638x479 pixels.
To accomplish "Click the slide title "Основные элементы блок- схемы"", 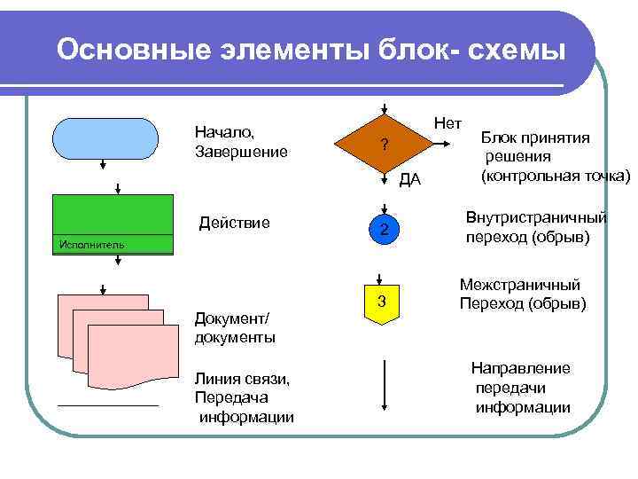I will (310, 51).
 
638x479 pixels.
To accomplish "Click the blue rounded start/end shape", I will (105, 137).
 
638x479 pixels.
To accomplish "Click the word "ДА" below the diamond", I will (410, 181).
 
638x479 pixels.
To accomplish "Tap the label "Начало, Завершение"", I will (240, 142).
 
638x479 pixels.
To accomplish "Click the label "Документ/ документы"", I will (234, 328).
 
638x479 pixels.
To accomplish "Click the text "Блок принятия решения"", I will (538, 146).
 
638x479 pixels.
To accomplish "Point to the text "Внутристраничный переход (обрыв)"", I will (536, 228).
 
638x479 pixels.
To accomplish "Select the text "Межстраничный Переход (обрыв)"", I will (521, 294).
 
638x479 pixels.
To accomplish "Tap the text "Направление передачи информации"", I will (521, 388).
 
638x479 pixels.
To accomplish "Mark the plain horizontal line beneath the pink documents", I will (107, 405).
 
